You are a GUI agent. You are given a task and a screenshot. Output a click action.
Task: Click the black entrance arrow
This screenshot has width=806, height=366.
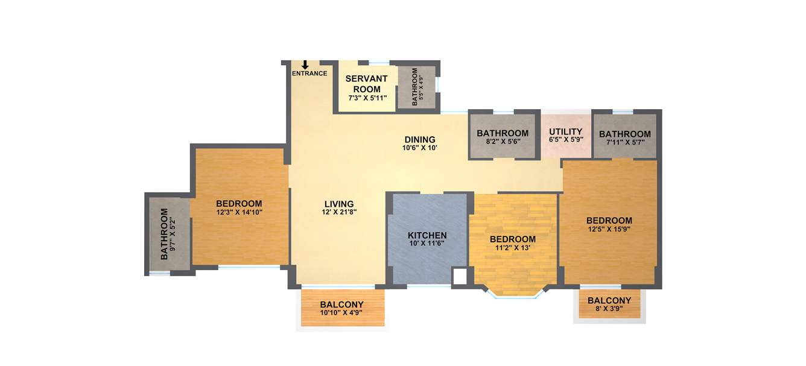[x=305, y=65]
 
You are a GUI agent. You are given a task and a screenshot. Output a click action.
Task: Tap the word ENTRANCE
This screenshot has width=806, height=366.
[x=309, y=74]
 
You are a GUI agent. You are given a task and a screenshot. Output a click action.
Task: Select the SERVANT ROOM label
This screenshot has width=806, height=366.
[x=367, y=84]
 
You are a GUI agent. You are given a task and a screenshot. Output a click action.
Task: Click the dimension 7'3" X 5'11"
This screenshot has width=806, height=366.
[x=367, y=98]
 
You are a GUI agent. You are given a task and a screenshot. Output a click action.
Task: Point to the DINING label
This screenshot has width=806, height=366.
[x=419, y=139]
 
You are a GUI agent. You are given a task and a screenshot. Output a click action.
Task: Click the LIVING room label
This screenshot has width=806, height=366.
[x=338, y=204]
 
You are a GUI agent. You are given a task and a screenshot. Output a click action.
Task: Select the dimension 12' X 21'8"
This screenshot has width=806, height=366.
[x=338, y=212]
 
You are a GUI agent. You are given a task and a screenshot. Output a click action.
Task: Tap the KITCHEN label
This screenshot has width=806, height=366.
[x=427, y=235]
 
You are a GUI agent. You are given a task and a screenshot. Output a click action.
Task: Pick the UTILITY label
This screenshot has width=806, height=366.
[x=565, y=131]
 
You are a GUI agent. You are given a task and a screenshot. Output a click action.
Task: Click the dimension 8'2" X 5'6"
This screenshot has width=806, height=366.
[x=503, y=142]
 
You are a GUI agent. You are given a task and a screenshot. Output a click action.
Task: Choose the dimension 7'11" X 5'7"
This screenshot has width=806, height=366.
[x=624, y=143]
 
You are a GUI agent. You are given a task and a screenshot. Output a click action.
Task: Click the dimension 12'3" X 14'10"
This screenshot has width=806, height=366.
[x=239, y=212]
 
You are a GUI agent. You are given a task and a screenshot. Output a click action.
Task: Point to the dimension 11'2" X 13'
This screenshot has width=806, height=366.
[x=512, y=248]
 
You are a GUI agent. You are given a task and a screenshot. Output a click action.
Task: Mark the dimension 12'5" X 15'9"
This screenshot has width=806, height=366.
[x=609, y=230]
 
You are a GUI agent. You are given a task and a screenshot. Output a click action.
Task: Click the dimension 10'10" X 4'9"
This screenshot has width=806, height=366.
[x=341, y=313]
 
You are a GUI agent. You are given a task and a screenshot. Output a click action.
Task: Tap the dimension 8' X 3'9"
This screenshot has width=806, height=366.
[x=609, y=309]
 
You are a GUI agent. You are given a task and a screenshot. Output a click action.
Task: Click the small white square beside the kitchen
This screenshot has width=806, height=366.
[x=460, y=277]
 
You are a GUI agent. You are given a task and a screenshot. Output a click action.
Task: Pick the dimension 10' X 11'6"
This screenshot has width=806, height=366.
[x=427, y=244]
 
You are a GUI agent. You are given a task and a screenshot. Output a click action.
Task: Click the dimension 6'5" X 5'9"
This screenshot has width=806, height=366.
[x=565, y=140]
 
